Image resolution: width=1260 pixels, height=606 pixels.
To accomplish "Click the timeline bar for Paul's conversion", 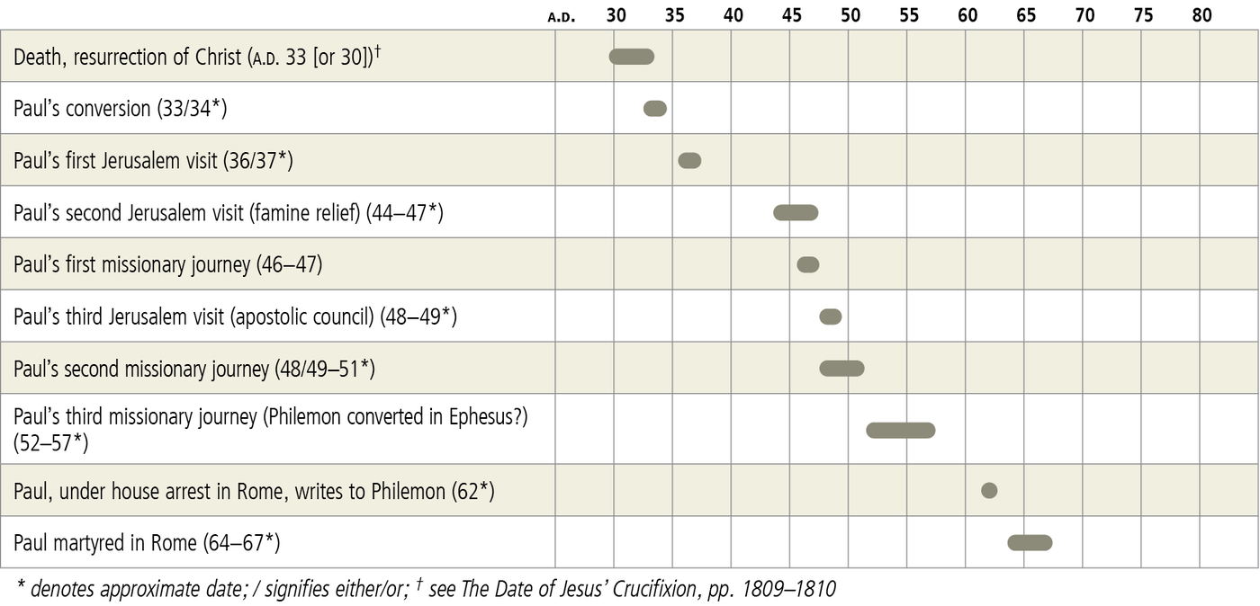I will pos(655,109).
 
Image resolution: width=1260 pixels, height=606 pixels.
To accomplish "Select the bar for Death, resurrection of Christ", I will pos(632,57).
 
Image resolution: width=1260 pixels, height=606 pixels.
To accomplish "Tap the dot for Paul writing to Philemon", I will pos(989,490).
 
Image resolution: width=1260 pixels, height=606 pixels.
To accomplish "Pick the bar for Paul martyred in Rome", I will pos(1030,542).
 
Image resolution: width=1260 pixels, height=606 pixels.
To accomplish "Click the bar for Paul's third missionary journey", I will pos(901,430).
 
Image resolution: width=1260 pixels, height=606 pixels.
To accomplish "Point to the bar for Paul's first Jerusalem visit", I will pos(689,161).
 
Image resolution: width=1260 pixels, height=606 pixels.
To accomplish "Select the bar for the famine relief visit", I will pos(796,213).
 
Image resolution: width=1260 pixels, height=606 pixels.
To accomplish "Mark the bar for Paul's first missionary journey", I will pos(808,264).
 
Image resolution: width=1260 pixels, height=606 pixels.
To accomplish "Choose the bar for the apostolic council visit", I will pos(831,316).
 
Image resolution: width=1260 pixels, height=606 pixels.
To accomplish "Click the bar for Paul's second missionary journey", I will pos(841,369).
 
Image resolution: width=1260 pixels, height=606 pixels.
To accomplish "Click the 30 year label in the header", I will pos(616,15).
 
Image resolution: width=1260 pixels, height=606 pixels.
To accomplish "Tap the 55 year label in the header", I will pos(909,15).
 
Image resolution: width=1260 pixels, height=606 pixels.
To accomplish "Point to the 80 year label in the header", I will pos(1201,15).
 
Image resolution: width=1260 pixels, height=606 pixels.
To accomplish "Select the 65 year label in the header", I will pos(1026,15).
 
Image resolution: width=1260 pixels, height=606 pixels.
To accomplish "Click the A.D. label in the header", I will pos(561,16).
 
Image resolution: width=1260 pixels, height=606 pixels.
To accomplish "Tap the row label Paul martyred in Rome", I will pos(147,543).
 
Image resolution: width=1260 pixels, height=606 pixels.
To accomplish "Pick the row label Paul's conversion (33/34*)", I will pos(120,109).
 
